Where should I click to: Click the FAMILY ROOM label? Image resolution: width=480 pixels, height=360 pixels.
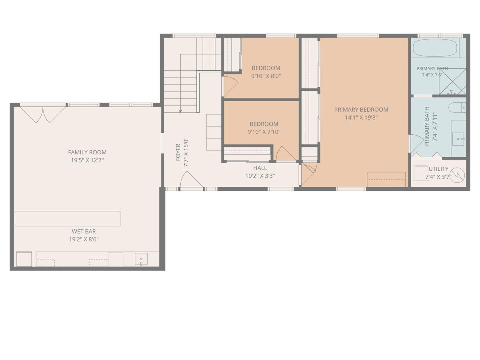point(87,152)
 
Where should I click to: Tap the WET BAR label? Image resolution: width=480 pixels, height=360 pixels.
point(84,231)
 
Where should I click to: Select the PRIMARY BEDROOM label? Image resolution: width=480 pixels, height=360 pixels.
point(361,110)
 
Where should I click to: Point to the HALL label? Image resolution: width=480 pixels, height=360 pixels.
point(260,168)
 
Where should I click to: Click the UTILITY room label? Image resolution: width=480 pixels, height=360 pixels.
point(439,169)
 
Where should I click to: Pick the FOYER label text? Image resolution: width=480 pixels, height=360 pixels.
point(178,152)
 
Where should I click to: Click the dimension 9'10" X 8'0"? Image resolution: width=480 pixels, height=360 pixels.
point(266,76)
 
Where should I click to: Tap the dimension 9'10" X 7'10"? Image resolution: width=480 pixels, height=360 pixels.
point(264,132)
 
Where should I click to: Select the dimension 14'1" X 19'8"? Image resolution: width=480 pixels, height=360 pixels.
point(361,118)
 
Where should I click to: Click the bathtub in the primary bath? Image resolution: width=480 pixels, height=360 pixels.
point(436,48)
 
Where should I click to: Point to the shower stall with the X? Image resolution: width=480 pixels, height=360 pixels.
point(452,82)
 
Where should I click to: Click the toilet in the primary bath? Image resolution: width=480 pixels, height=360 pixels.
point(457,108)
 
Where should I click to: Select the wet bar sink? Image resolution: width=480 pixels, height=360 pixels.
point(141,259)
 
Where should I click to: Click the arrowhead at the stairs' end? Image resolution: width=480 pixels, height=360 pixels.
point(180,111)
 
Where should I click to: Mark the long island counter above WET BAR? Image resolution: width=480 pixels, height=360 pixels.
point(67,218)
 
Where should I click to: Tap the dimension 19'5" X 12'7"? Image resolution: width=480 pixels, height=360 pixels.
point(87,160)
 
